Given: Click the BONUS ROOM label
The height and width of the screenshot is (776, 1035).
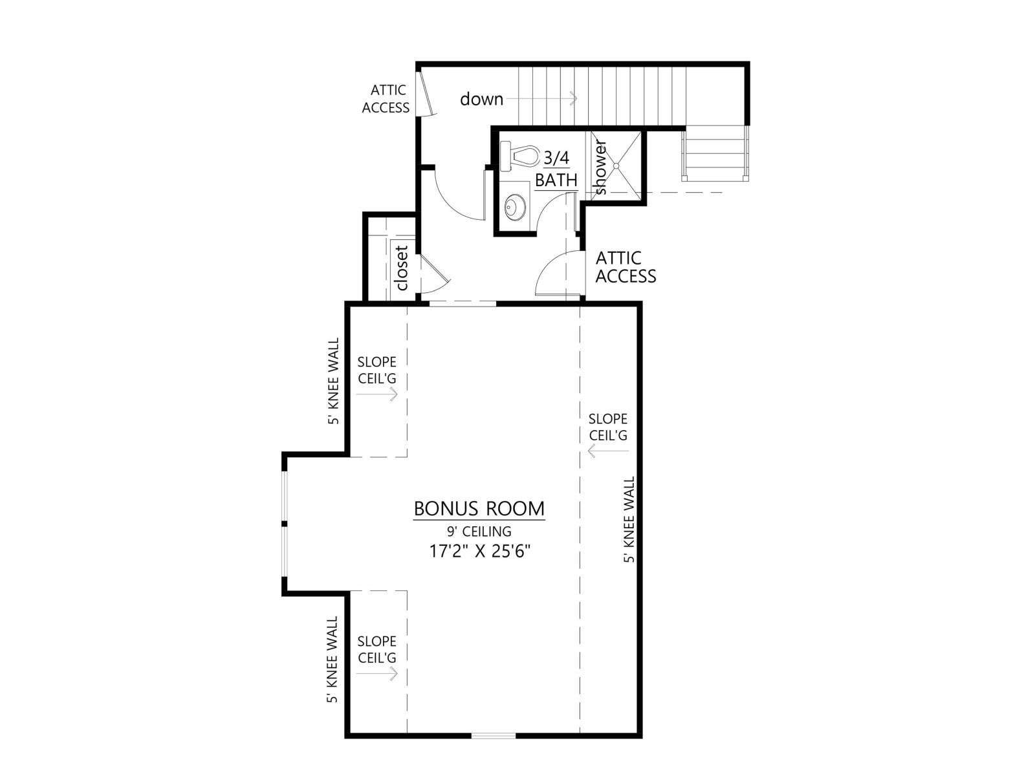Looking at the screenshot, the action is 479,509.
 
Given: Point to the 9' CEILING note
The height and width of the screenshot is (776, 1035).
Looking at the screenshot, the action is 479,532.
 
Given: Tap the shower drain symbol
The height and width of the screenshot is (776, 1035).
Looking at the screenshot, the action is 616,166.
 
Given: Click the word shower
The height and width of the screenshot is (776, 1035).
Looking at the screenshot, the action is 600,167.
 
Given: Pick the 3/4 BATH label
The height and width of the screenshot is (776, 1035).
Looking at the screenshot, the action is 556,169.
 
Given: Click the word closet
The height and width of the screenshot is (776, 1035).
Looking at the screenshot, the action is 402,268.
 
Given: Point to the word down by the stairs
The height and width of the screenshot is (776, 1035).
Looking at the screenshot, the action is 481,99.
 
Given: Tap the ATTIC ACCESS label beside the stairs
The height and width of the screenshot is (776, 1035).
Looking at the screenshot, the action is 386,99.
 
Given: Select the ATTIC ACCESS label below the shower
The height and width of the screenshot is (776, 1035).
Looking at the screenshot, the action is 626,267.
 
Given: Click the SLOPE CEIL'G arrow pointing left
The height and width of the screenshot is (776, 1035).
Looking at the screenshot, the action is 608,451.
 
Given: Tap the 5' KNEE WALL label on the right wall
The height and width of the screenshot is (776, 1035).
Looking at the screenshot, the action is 630,519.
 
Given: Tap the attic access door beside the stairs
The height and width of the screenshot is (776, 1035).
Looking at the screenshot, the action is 428,94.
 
